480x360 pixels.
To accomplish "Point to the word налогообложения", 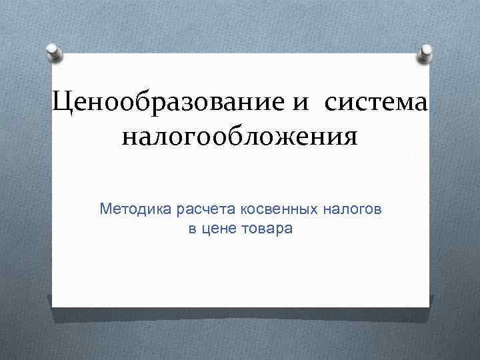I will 239,138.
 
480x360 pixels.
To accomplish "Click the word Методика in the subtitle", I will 135,210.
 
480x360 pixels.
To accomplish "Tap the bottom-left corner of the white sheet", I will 53,306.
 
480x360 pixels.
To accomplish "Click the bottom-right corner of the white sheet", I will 429,306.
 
